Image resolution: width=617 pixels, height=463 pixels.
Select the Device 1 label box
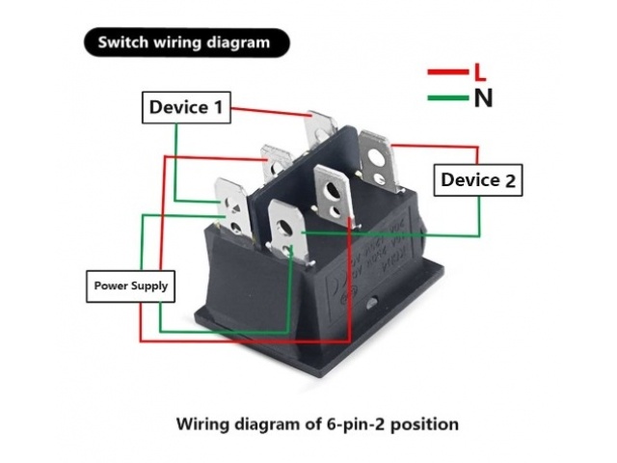189,107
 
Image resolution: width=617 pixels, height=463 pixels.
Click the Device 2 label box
479,180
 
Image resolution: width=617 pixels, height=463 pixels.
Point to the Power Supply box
130,286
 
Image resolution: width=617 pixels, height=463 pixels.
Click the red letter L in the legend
479,71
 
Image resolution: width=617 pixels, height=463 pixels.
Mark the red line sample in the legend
447,72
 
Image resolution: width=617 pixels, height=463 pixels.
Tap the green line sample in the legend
447,97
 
